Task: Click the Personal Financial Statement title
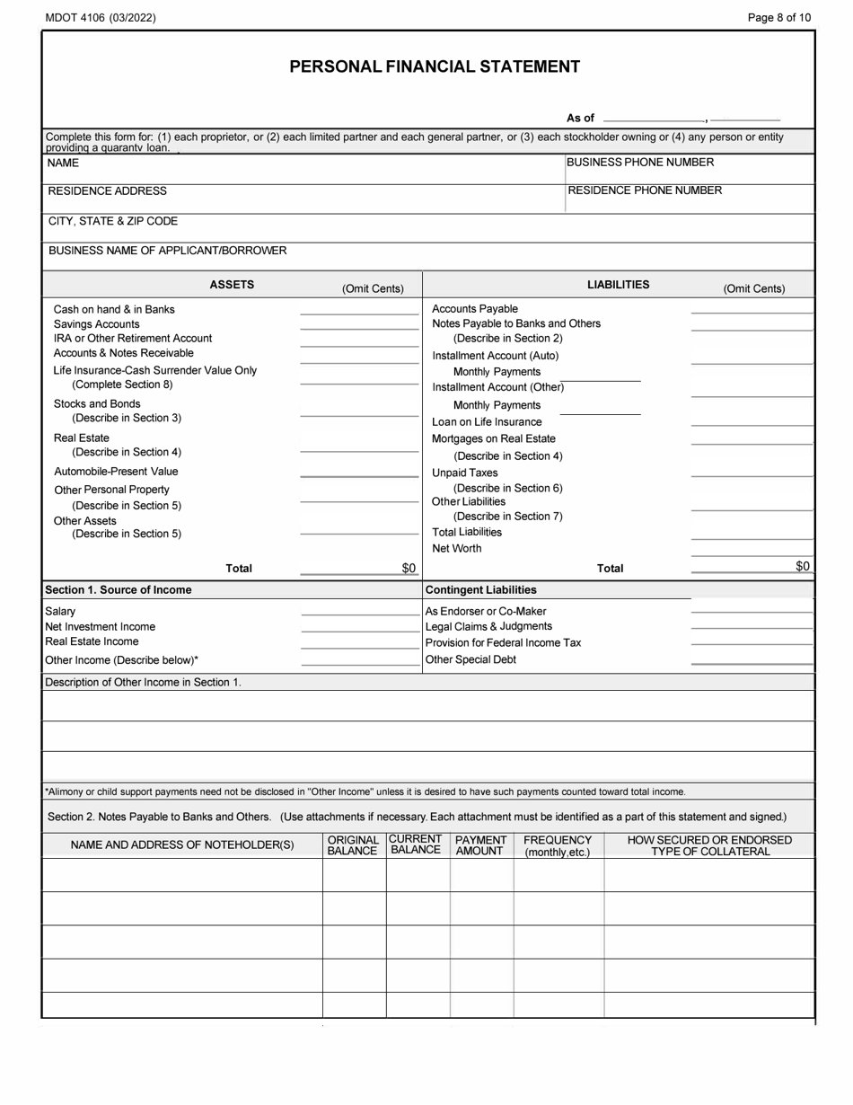coord(434,66)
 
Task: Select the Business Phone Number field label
coord(641,163)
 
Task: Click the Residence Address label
coord(107,191)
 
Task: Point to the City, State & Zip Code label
coord(112,221)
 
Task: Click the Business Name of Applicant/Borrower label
coord(167,251)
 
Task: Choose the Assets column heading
coord(232,285)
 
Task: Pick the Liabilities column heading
coord(618,285)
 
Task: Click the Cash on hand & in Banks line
coord(114,309)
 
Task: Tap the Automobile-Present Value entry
coord(116,472)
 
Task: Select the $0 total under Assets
coord(409,568)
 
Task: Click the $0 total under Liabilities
coord(803,566)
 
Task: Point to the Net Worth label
coord(456,548)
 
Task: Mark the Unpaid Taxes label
coord(464,473)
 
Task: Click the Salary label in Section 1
coord(60,612)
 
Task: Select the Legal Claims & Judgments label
coord(488,626)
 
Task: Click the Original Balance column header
coord(353,845)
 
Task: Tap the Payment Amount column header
coord(480,845)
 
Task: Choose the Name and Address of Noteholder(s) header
coord(182,845)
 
